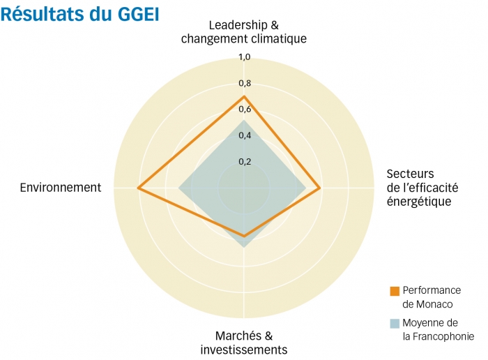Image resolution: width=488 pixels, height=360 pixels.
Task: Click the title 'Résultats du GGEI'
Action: pyautogui.click(x=80, y=14)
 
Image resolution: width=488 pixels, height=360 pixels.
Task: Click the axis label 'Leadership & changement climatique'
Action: pyautogui.click(x=243, y=32)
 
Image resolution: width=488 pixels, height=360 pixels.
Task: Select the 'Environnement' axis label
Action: pyautogui.click(x=61, y=188)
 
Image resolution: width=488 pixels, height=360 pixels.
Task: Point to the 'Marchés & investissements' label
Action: pyautogui.click(x=243, y=343)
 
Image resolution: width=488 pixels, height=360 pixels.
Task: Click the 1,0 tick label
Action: pyautogui.click(x=244, y=57)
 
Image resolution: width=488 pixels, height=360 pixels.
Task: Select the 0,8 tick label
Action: pyautogui.click(x=244, y=84)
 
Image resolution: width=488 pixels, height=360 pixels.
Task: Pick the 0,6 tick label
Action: pyautogui.click(x=244, y=110)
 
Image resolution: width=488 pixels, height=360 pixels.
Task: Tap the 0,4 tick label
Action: pyautogui.click(x=244, y=135)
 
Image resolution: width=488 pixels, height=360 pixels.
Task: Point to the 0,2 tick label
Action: pyautogui.click(x=244, y=162)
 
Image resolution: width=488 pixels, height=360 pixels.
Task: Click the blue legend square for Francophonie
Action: pyautogui.click(x=395, y=324)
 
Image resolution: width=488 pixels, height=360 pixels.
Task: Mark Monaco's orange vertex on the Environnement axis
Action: pyautogui.click(x=139, y=188)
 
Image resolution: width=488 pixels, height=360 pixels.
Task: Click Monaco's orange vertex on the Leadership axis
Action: pyautogui.click(x=244, y=96)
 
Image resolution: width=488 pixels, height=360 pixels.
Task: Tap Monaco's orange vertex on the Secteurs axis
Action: pyautogui.click(x=319, y=188)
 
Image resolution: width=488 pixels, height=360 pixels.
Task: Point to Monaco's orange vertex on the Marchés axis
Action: pyautogui.click(x=244, y=236)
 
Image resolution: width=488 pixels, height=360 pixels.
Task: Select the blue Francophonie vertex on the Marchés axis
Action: pyautogui.click(x=244, y=248)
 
